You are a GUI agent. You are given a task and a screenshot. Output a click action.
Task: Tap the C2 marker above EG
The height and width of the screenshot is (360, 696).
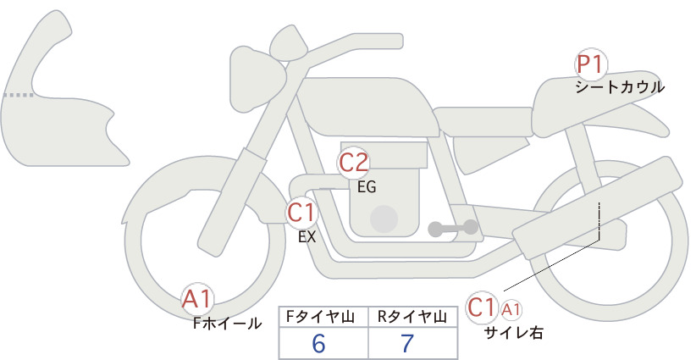353,163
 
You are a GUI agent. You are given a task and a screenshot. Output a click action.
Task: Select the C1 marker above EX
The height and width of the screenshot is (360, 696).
301,213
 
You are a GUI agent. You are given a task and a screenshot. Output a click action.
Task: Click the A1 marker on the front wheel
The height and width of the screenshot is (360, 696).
197,299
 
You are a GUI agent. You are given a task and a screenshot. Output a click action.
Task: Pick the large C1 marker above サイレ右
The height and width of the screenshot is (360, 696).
482,307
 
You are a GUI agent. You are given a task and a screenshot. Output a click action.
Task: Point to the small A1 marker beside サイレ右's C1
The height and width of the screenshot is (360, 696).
511,310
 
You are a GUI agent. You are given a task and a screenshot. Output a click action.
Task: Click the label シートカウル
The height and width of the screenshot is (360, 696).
620,87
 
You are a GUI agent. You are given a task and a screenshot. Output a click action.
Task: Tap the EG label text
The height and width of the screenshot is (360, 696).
367,187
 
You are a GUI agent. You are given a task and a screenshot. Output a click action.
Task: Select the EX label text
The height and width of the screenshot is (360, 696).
307,237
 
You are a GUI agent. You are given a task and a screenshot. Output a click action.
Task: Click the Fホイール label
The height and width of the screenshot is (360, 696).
227,324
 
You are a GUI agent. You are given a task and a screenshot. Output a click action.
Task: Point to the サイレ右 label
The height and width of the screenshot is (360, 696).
513,333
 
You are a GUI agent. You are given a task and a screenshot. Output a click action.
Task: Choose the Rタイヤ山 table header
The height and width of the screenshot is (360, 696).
412,317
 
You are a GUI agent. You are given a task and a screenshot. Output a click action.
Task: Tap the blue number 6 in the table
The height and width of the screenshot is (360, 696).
318,343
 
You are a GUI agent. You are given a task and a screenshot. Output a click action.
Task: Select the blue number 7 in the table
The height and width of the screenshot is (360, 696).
407,343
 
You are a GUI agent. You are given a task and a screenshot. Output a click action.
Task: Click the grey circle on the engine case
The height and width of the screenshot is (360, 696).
384,219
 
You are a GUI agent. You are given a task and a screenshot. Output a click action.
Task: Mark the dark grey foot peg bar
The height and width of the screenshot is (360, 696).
453,228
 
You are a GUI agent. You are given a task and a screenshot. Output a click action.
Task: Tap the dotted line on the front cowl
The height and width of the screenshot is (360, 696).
18,95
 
